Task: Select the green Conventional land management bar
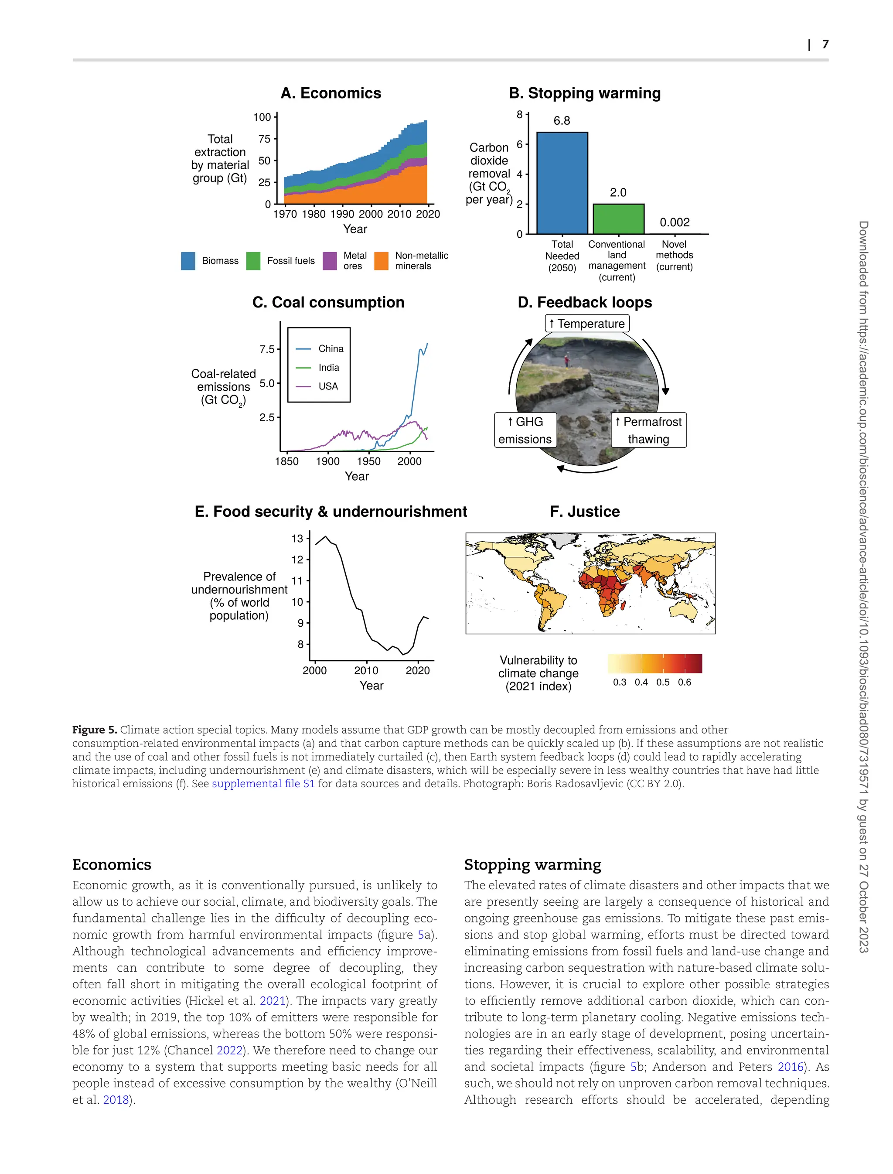click(618, 218)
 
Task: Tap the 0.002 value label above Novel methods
click(675, 222)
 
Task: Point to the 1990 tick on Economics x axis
click(342, 214)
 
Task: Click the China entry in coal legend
click(331, 349)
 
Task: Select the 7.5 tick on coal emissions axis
click(267, 349)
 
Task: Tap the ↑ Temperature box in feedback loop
click(587, 324)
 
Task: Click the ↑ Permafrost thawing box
click(648, 430)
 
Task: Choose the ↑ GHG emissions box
click(525, 430)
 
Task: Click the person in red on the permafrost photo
click(567, 362)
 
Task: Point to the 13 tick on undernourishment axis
click(297, 539)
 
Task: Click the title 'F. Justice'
click(585, 512)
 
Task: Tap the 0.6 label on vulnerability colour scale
click(684, 682)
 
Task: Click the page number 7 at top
click(825, 44)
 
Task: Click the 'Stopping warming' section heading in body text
click(532, 864)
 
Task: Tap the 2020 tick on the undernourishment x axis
click(417, 670)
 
